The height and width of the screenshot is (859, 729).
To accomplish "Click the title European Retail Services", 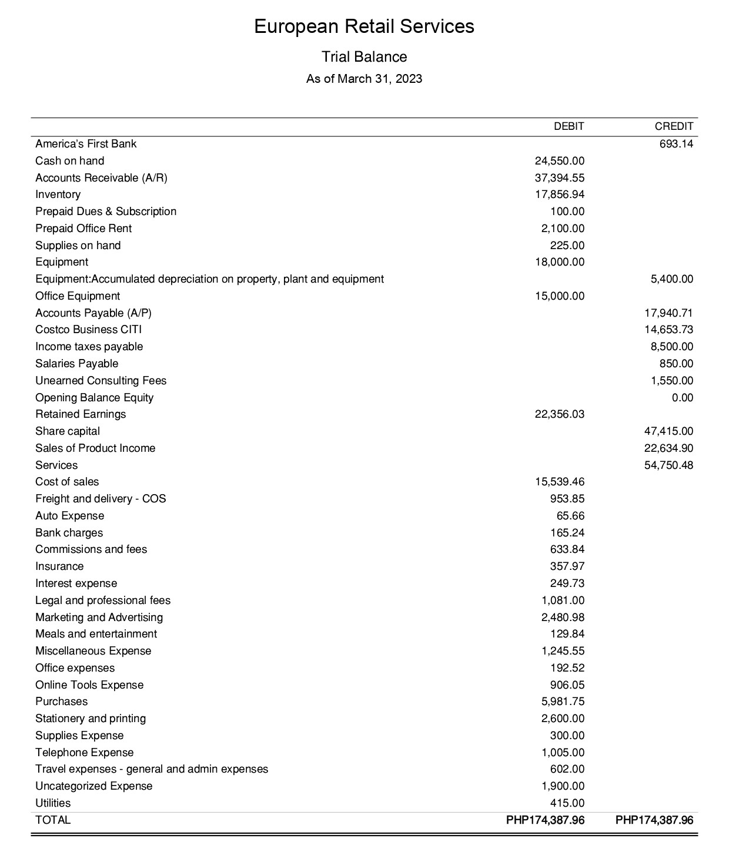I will point(364,26).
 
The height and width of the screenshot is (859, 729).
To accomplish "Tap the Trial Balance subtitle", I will point(364,57).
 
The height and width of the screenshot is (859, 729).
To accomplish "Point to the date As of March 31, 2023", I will point(364,79).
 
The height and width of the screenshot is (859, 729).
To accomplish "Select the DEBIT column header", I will point(569,126).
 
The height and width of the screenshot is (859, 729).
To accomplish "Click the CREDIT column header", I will point(674,126).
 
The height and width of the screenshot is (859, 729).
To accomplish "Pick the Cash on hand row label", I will point(69,161).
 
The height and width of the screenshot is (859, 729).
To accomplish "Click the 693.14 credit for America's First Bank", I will point(676,144).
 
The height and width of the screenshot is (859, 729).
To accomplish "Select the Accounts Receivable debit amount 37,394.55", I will point(560,178).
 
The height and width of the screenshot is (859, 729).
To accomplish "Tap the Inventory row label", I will point(58,194).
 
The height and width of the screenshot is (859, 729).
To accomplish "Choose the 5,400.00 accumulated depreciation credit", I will point(671,279).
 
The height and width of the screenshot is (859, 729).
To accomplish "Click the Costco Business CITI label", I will point(88,330).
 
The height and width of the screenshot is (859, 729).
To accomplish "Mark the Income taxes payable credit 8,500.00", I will point(671,347).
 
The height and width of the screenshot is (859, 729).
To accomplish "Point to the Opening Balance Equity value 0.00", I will point(682,398).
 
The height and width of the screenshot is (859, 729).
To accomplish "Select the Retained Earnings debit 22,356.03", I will point(560,414).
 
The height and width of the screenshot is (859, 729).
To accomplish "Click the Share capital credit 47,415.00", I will point(668,431).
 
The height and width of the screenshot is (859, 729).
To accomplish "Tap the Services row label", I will point(56,465).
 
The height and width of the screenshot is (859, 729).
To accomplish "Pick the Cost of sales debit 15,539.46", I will point(560,482).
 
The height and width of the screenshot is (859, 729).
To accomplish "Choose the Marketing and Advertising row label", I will point(99,618).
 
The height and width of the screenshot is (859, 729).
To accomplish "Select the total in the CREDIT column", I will point(654,820).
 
